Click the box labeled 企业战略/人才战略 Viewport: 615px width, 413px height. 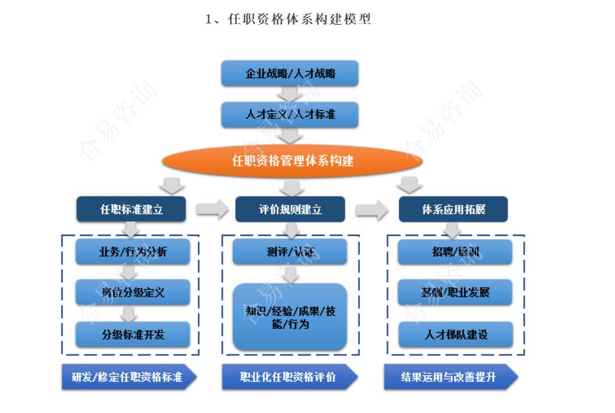click(x=290, y=73)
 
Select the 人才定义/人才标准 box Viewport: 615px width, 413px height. click(x=290, y=116)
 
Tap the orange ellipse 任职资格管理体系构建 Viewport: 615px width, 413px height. click(x=293, y=161)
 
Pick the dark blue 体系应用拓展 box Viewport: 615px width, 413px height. click(x=453, y=209)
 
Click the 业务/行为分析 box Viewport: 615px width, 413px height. click(x=133, y=252)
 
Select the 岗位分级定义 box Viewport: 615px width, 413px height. click(x=133, y=293)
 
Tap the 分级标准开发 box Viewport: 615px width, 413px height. click(x=133, y=335)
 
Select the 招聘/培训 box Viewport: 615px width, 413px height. click(x=455, y=252)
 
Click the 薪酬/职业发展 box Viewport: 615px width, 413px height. click(x=455, y=293)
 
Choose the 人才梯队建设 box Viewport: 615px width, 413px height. click(x=455, y=335)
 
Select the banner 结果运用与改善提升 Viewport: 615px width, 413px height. click(x=450, y=377)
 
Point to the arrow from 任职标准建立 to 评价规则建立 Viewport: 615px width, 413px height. click(x=210, y=209)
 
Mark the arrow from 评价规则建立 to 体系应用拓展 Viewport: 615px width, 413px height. click(x=371, y=209)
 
